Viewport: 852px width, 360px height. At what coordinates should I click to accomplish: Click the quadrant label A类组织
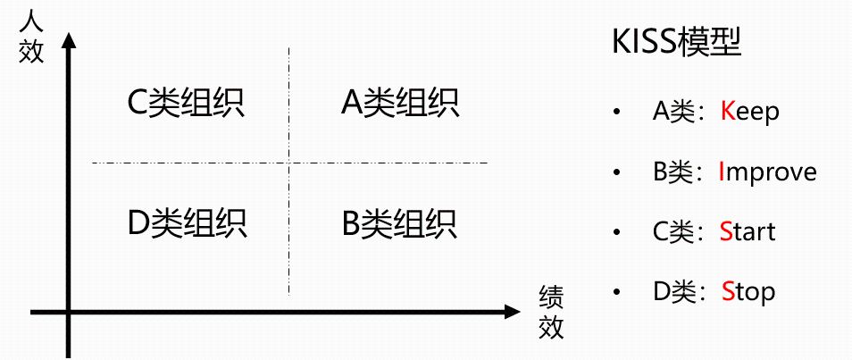[400, 103]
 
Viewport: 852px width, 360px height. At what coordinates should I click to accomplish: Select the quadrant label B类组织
[400, 222]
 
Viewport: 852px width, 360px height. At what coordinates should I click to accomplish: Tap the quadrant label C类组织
[185, 103]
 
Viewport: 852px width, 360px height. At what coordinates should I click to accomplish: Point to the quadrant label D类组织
[187, 222]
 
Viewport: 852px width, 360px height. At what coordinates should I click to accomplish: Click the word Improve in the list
[767, 172]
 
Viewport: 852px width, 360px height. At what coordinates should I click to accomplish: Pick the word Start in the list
[748, 231]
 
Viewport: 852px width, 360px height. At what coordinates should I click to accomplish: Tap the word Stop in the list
[748, 291]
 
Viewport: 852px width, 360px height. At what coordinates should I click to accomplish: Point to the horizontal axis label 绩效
[552, 312]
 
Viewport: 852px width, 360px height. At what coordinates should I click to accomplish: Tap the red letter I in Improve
[723, 172]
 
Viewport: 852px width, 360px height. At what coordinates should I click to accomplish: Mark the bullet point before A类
[615, 113]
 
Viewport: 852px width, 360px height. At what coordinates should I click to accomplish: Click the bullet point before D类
[615, 292]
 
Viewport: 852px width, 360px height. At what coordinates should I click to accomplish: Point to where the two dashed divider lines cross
[288, 163]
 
